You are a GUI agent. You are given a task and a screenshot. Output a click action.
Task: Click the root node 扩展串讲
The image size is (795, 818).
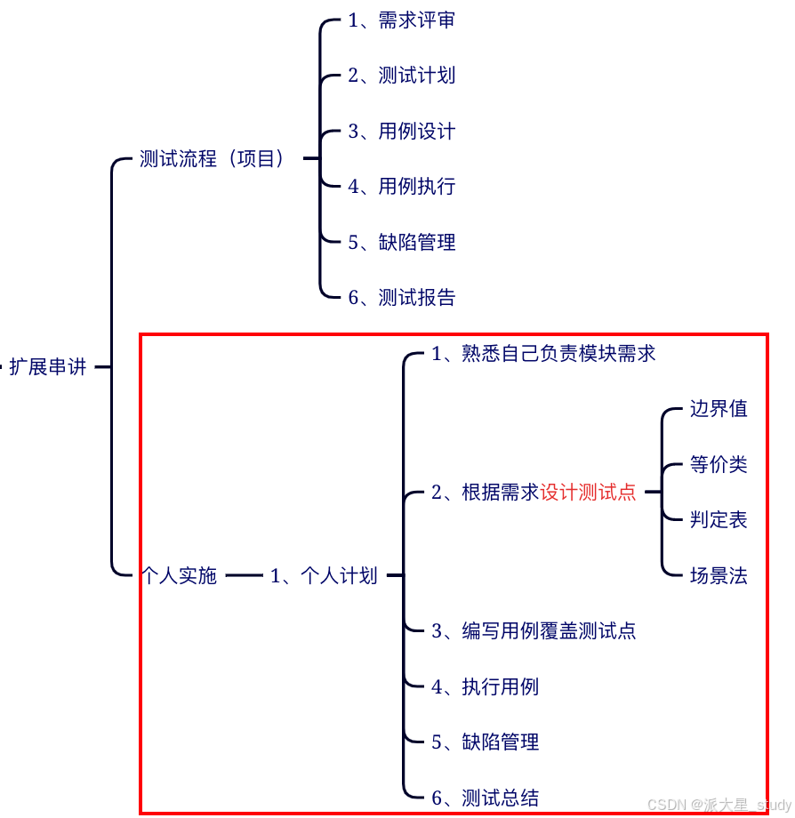pyautogui.click(x=48, y=366)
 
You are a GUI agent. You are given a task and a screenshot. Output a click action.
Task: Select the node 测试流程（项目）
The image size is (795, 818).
pyautogui.click(x=213, y=159)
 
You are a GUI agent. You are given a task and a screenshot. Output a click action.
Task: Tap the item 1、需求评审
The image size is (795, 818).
pyautogui.click(x=401, y=20)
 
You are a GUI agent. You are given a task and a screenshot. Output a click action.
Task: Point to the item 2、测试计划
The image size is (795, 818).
pyautogui.click(x=401, y=76)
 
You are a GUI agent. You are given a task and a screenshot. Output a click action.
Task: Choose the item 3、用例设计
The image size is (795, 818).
pyautogui.click(x=401, y=132)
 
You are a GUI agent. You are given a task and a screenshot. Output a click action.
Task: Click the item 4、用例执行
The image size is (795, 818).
pyautogui.click(x=401, y=187)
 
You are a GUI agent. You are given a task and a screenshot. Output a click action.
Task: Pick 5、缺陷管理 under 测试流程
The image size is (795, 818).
pyautogui.click(x=401, y=242)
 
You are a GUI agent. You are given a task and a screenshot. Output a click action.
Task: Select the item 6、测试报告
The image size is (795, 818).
pyautogui.click(x=401, y=298)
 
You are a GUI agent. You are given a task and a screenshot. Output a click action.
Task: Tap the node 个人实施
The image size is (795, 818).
pyautogui.click(x=180, y=576)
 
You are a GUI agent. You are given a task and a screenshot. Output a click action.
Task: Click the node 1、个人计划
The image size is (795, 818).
pyautogui.click(x=324, y=576)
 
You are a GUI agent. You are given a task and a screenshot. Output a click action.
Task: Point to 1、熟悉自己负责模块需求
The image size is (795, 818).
pyautogui.click(x=543, y=354)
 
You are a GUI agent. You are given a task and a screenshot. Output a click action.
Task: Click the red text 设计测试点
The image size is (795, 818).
pyautogui.click(x=588, y=492)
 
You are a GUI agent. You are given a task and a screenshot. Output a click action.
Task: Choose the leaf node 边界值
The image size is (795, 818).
pyautogui.click(x=719, y=409)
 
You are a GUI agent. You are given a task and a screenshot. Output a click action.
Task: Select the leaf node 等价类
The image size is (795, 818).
pyautogui.click(x=719, y=464)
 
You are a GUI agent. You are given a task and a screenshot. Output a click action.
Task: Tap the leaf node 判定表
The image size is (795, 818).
pyautogui.click(x=719, y=520)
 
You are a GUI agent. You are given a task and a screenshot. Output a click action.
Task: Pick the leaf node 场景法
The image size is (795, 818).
pyautogui.click(x=719, y=576)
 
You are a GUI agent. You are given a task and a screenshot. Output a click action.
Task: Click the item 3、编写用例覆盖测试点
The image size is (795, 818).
pyautogui.click(x=534, y=631)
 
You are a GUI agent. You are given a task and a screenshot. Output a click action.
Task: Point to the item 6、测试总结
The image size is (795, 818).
pyautogui.click(x=485, y=798)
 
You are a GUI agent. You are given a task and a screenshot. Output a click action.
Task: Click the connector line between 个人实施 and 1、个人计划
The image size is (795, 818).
pyautogui.click(x=244, y=576)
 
